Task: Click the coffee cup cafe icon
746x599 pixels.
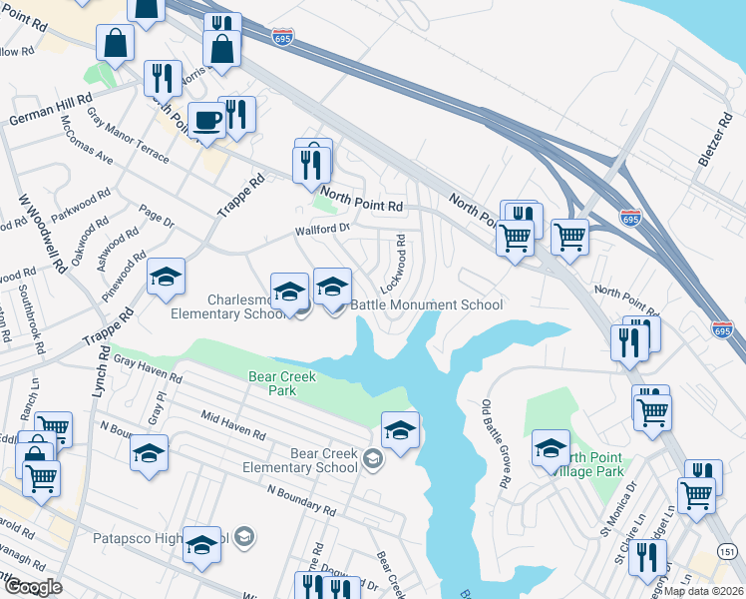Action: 206,120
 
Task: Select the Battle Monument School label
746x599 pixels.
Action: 427,304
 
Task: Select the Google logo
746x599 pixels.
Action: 32,587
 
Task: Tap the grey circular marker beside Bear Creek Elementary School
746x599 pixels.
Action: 373,459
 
